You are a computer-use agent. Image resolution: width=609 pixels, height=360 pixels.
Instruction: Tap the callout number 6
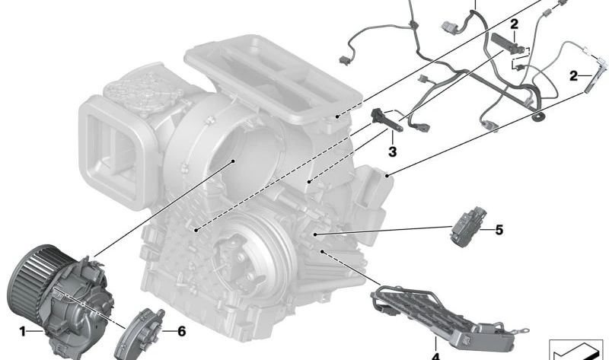tap(180, 332)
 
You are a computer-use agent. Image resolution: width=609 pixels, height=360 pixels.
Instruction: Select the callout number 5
tap(499, 228)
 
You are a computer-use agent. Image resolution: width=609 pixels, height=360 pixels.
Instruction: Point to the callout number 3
tap(392, 152)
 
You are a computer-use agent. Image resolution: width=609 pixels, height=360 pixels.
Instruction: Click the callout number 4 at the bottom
tap(435, 355)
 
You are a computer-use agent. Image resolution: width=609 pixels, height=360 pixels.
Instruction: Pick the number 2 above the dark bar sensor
tap(515, 24)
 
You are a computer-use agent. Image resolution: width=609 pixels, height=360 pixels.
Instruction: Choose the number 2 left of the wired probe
tap(572, 75)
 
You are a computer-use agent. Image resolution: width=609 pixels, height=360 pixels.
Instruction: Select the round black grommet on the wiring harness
tap(542, 116)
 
